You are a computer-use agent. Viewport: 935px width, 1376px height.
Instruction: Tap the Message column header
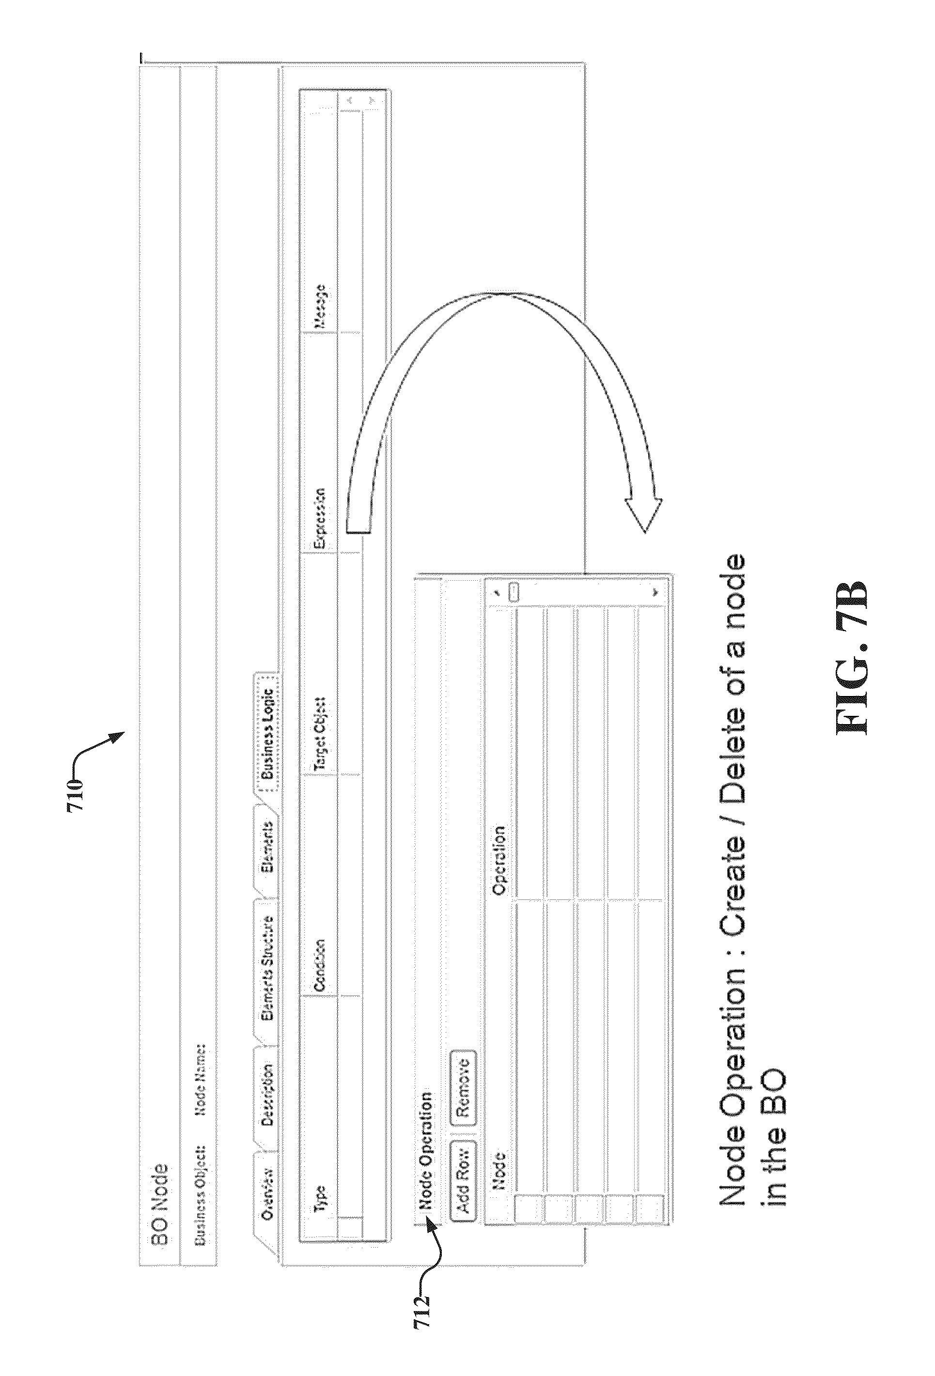pyautogui.click(x=320, y=306)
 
